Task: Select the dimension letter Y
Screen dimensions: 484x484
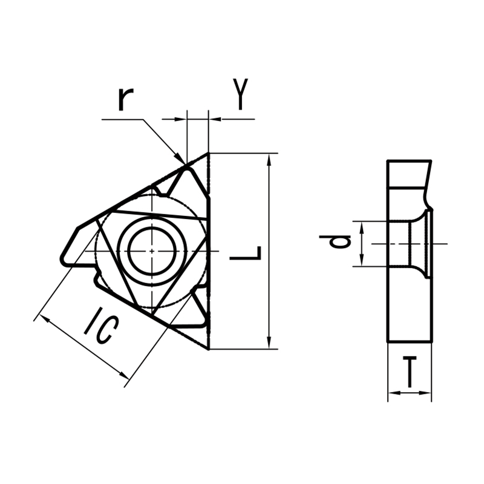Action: [240, 94]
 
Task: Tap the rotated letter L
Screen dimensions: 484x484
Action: [247, 253]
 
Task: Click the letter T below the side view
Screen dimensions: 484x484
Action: [410, 371]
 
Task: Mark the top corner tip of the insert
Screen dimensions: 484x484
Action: [208, 154]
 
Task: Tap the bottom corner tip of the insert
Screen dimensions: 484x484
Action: [208, 348]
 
